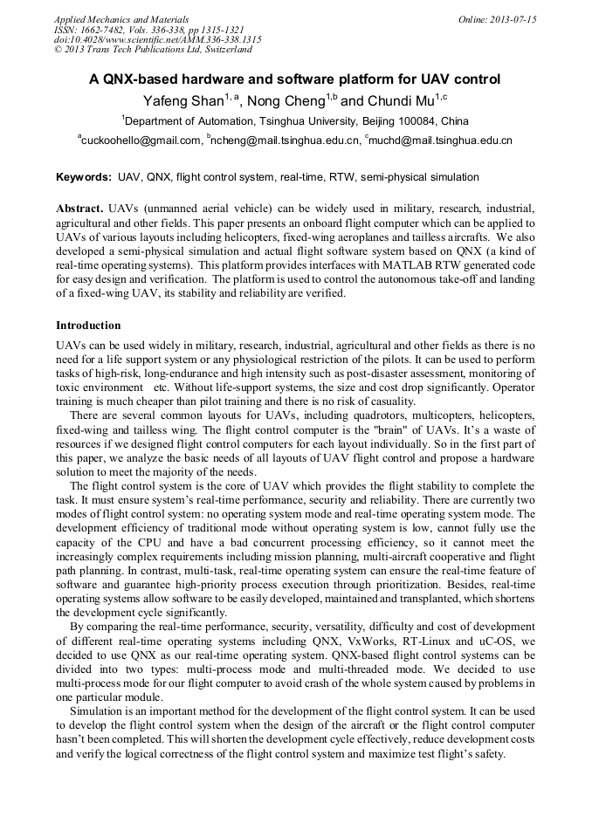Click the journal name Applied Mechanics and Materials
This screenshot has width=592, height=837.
pos(120,19)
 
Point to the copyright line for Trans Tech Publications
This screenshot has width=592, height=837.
pos(153,50)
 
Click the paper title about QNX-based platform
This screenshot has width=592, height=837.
pos(294,79)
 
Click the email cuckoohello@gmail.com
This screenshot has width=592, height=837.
pos(141,140)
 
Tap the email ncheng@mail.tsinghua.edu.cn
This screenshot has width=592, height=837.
pos(286,140)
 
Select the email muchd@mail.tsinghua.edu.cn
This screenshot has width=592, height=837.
pos(441,140)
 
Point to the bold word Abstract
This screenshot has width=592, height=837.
pos(80,210)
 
